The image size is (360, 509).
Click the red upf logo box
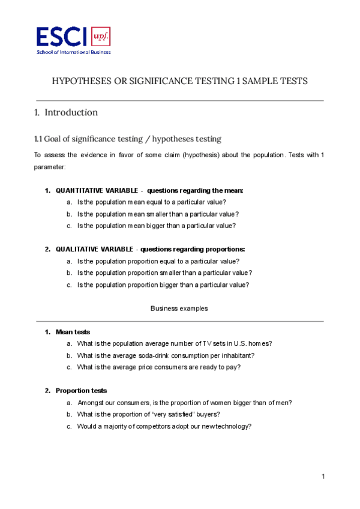[x=101, y=38]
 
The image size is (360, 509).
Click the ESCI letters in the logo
[x=62, y=38]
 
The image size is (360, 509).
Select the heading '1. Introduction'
[x=66, y=112]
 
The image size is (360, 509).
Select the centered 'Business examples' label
[x=179, y=309]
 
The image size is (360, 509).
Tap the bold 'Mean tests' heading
[x=73, y=332]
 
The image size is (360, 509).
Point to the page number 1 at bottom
[x=323, y=477]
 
